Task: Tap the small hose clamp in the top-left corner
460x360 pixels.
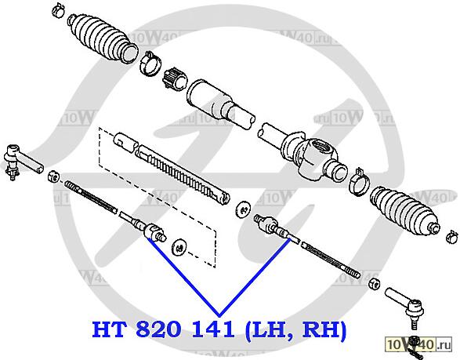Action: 58,9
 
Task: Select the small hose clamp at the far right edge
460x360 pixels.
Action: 452,237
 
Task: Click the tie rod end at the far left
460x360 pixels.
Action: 22,162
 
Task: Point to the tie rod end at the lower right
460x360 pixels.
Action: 406,305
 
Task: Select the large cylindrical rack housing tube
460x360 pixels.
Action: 220,104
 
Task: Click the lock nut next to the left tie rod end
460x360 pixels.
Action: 54,176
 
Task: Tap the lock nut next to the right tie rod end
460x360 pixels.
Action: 374,283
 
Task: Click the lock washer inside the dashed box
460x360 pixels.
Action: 179,248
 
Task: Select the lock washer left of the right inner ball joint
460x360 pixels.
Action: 243,209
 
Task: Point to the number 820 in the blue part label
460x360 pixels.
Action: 158,329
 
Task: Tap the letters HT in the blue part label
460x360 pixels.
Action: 109,329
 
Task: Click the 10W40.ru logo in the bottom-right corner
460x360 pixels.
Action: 418,344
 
